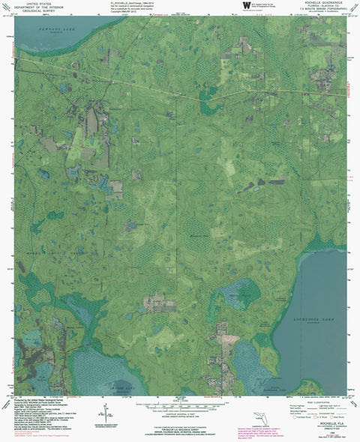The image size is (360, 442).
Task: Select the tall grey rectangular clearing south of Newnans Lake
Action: pos(91,120)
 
